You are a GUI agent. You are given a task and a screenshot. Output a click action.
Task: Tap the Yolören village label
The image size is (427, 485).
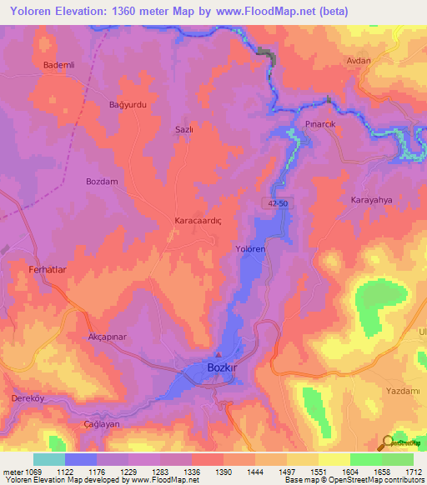249,249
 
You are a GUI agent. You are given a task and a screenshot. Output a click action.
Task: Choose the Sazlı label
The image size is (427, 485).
183,130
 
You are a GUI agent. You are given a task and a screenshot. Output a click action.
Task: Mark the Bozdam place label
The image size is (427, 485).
102,181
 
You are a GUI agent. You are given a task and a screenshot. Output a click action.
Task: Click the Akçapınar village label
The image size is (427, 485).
106,337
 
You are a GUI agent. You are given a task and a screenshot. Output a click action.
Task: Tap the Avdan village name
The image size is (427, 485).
359,61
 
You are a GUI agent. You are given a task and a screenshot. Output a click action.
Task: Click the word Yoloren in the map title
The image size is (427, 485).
33,12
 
